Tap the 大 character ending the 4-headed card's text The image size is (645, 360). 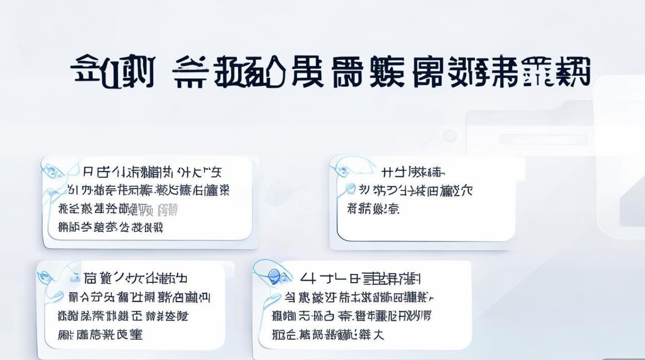click(x=379, y=334)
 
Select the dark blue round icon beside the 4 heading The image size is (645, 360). click(x=275, y=275)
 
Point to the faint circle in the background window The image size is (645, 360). click(x=450, y=136)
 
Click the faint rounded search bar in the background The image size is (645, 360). click(x=542, y=140)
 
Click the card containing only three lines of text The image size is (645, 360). click(x=427, y=202)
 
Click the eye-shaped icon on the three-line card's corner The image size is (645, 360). click(x=343, y=169)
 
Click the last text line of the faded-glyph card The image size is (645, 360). click(x=110, y=227)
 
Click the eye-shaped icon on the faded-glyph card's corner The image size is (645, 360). click(x=53, y=169)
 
